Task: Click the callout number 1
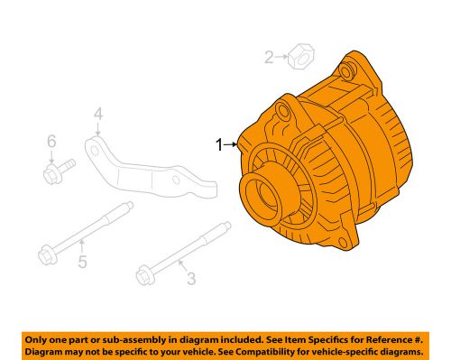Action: coord(216,143)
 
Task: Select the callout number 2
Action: coord(269,60)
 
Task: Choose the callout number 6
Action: coord(51,141)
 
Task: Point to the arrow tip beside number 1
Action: coord(237,143)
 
